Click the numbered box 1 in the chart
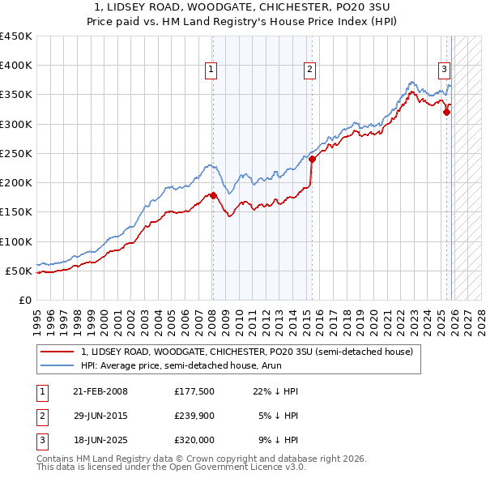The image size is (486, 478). click(211, 70)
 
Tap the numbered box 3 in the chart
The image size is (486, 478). click(445, 70)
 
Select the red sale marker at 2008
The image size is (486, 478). click(213, 195)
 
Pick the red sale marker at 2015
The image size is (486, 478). click(312, 159)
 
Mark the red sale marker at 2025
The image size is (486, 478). click(446, 113)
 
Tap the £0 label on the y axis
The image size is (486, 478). click(26, 300)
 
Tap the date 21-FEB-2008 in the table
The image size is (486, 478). click(100, 391)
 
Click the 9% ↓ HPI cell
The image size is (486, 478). click(275, 442)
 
